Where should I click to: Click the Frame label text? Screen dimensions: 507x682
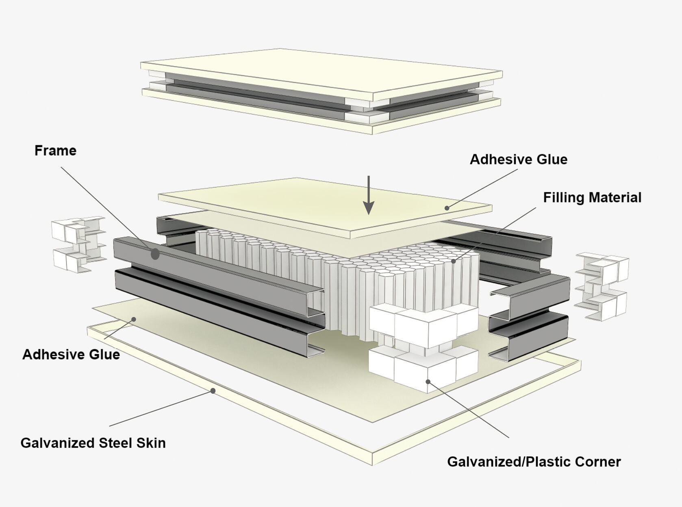pos(55,151)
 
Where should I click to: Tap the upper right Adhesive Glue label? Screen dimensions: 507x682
pos(518,159)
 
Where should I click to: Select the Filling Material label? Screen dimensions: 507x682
pos(592,197)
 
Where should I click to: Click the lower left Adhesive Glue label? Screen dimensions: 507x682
pos(71,354)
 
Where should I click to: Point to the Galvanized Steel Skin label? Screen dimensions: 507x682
pos(93,442)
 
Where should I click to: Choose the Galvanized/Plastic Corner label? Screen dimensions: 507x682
pos(534,462)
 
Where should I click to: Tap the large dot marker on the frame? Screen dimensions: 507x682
pos(155,254)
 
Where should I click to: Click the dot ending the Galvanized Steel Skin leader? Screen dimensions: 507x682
pos(213,391)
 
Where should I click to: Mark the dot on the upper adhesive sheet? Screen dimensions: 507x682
pos(447,208)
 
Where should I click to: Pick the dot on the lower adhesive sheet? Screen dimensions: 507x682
pos(134,319)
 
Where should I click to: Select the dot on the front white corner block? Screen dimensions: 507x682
pos(428,381)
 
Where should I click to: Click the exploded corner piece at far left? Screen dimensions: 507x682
pos(78,244)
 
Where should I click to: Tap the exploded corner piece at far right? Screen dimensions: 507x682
pos(602,286)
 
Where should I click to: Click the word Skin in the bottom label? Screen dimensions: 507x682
pos(151,442)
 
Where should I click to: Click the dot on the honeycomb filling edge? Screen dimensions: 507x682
pos(454,261)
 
